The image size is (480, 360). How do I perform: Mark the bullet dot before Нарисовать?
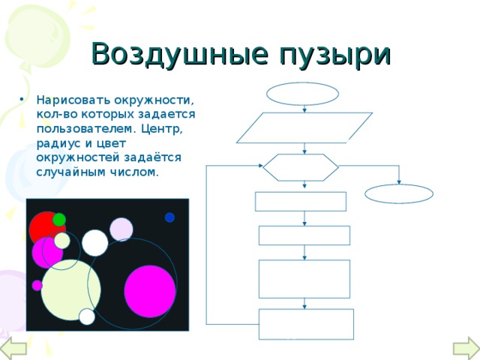(28, 100)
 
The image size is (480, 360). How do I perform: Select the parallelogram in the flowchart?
(304, 127)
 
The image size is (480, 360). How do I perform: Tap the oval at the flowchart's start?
(303, 94)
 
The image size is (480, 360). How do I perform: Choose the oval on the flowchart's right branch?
(399, 193)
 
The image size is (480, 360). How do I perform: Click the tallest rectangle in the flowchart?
(304, 278)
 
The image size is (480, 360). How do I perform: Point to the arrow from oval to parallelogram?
(304, 109)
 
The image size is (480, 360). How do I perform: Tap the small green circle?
(58, 220)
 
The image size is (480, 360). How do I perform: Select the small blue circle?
(169, 217)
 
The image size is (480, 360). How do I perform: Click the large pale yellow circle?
(70, 288)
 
